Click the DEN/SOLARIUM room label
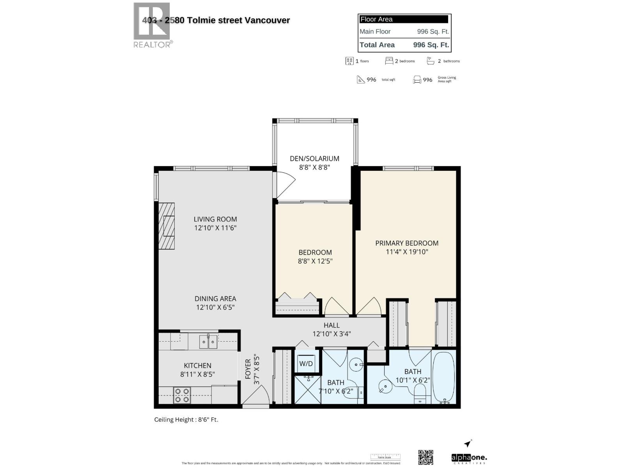[x=314, y=159]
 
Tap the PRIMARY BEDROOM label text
[x=407, y=243]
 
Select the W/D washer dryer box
[x=306, y=363]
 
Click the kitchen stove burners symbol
[x=182, y=395]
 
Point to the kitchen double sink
[x=208, y=342]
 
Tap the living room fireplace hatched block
[x=167, y=226]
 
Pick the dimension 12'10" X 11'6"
[x=215, y=228]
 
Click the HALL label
[x=331, y=325]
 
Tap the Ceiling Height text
[x=186, y=420]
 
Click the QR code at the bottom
[x=425, y=457]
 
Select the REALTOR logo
[x=152, y=25]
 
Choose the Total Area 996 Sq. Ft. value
[x=431, y=45]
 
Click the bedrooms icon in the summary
[x=389, y=61]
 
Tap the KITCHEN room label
[x=198, y=365]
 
